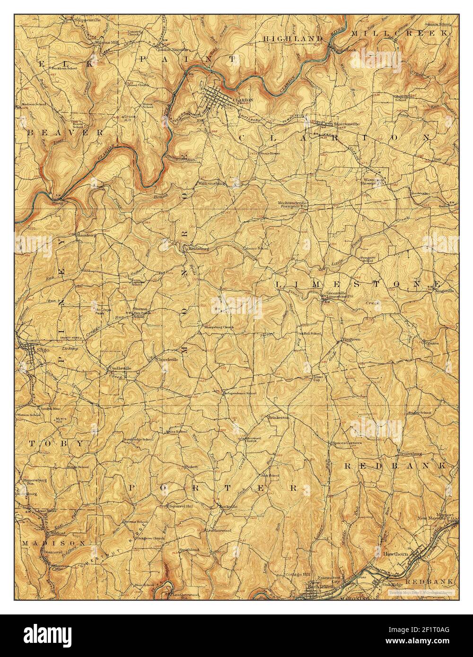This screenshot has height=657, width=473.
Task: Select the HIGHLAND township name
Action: click(x=293, y=38)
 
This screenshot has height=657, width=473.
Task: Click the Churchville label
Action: click(x=166, y=359)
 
